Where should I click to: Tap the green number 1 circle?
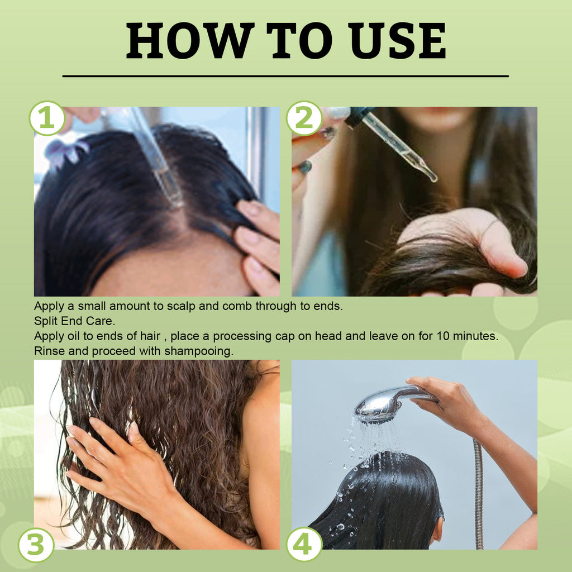click(47, 118)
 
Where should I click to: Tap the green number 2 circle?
click(304, 118)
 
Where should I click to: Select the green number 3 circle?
click(36, 545)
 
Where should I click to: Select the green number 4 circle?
click(304, 545)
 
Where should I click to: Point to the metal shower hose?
click(478, 492)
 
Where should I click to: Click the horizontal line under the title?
click(285, 75)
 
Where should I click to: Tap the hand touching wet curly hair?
click(117, 458)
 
